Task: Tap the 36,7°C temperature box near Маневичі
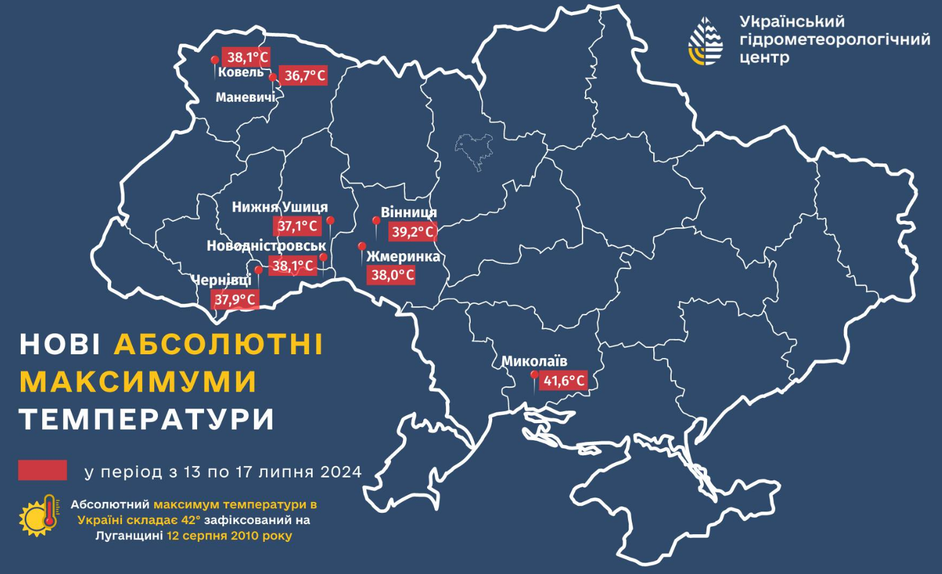coord(304,76)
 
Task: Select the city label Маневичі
coord(245,97)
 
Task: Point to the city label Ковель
coord(241,73)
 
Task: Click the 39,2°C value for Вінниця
coord(412,232)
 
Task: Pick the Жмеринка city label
coord(403,256)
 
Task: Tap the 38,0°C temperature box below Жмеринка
coord(392,275)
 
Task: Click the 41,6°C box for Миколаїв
coord(564,381)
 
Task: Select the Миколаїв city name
coord(534,361)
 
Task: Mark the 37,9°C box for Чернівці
coord(235,299)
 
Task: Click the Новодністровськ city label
coord(266,246)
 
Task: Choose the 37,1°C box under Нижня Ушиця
coord(297,226)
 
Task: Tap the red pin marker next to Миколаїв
coord(534,376)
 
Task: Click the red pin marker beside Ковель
coord(215,61)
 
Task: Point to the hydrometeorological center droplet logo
coord(705,42)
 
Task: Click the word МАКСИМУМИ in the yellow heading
coord(138,382)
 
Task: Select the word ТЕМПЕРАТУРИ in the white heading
coord(147,419)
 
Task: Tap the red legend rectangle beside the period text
coord(42,470)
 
